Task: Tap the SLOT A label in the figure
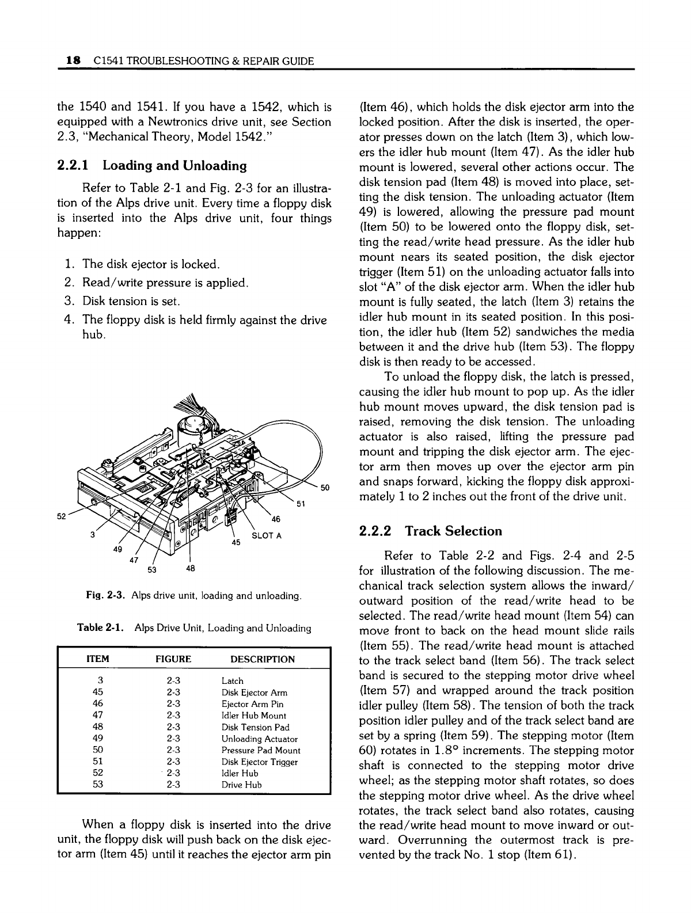267,535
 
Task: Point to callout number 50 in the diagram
325,488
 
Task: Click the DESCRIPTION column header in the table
263,659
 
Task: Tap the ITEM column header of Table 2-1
97,659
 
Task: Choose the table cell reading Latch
232,681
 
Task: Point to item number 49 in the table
97,739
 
